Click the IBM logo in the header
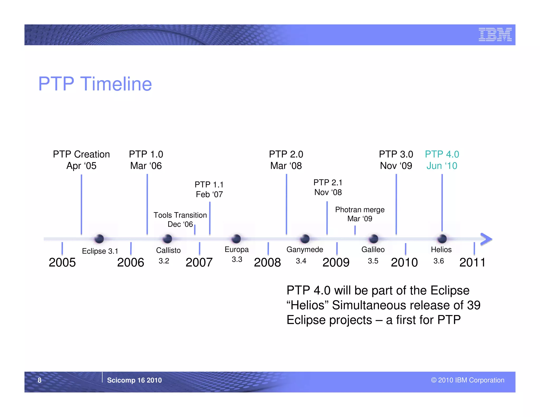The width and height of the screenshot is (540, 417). click(495, 35)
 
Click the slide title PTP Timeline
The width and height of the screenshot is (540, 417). click(95, 84)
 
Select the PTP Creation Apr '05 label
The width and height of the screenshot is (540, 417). click(81, 160)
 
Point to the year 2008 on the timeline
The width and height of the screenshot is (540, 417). click(267, 262)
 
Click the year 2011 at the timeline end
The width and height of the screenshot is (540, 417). click(472, 262)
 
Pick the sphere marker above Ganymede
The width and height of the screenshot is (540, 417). click(305, 239)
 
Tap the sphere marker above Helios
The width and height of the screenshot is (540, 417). click(442, 239)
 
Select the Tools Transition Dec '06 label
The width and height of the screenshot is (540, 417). click(180, 220)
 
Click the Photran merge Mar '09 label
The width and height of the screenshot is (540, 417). click(360, 214)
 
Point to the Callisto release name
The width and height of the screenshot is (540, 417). click(168, 250)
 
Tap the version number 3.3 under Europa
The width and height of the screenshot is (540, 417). click(237, 260)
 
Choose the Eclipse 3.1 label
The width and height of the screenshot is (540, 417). click(100, 251)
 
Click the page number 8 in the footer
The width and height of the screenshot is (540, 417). click(40, 380)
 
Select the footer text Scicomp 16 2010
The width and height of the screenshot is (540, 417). click(134, 380)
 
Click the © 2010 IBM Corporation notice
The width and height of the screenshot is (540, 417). click(467, 380)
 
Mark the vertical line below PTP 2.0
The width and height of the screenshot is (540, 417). click(286, 204)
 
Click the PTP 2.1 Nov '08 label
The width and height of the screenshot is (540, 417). click(328, 187)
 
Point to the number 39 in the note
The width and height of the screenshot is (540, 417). click(474, 305)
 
